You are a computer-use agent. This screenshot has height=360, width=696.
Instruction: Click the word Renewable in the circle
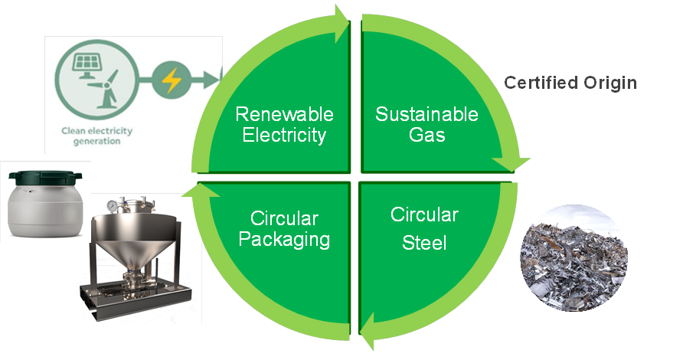pos(284,115)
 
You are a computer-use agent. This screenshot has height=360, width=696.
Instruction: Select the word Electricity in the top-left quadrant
pos(284,136)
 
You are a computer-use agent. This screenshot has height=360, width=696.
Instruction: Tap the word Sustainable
pos(426,115)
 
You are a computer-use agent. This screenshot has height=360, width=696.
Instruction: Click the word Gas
pos(426,136)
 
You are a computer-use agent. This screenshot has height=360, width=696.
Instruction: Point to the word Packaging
pos(284,239)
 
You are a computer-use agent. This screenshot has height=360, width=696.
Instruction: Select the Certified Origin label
pos(570,83)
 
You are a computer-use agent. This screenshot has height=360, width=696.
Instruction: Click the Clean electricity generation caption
pos(96,136)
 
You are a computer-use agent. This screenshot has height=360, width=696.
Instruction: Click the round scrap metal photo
pos(574,261)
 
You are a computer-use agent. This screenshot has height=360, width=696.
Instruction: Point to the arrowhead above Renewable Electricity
pos(341,17)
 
